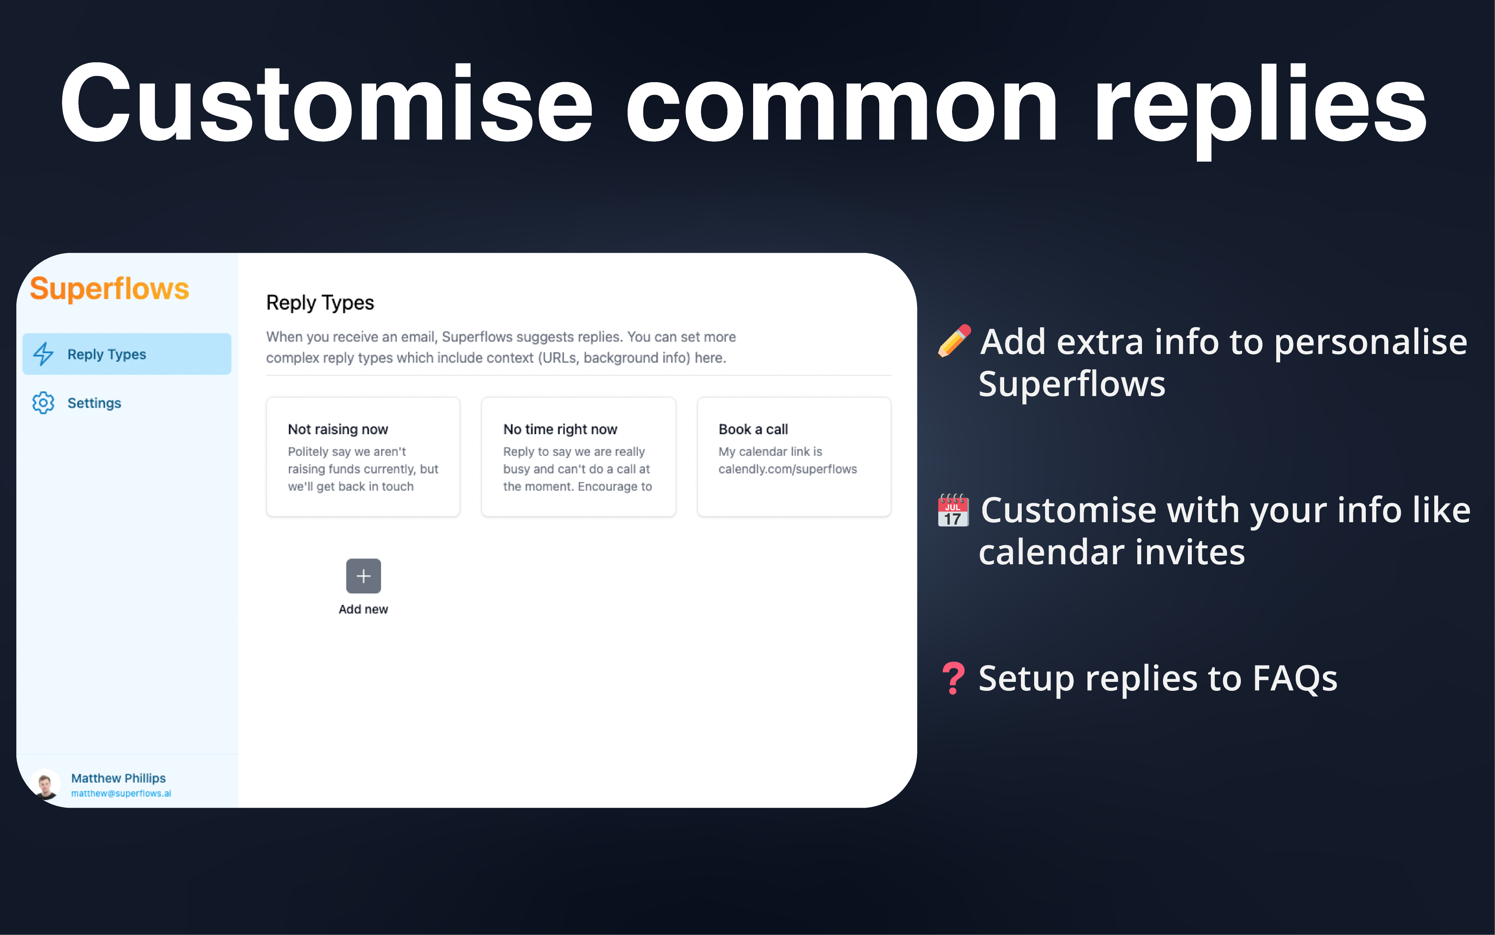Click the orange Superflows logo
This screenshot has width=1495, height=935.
pos(109,289)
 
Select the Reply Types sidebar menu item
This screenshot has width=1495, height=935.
pos(127,354)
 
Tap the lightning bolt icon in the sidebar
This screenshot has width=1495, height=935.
pos(43,354)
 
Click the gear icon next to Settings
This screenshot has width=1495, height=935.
pos(43,403)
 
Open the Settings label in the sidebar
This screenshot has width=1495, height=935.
pos(94,403)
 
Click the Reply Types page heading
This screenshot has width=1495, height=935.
pos(320,303)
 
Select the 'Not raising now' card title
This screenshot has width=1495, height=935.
pos(338,429)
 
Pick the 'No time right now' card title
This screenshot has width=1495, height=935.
pos(560,429)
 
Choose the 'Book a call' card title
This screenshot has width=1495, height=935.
pos(754,429)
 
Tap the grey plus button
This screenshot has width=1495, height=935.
pos(364,576)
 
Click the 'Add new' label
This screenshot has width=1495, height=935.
pos(364,609)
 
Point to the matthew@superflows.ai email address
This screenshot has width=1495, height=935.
pos(121,793)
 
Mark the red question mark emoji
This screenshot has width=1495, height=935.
pos(953,678)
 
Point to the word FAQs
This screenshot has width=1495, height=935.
pos(1295,678)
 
